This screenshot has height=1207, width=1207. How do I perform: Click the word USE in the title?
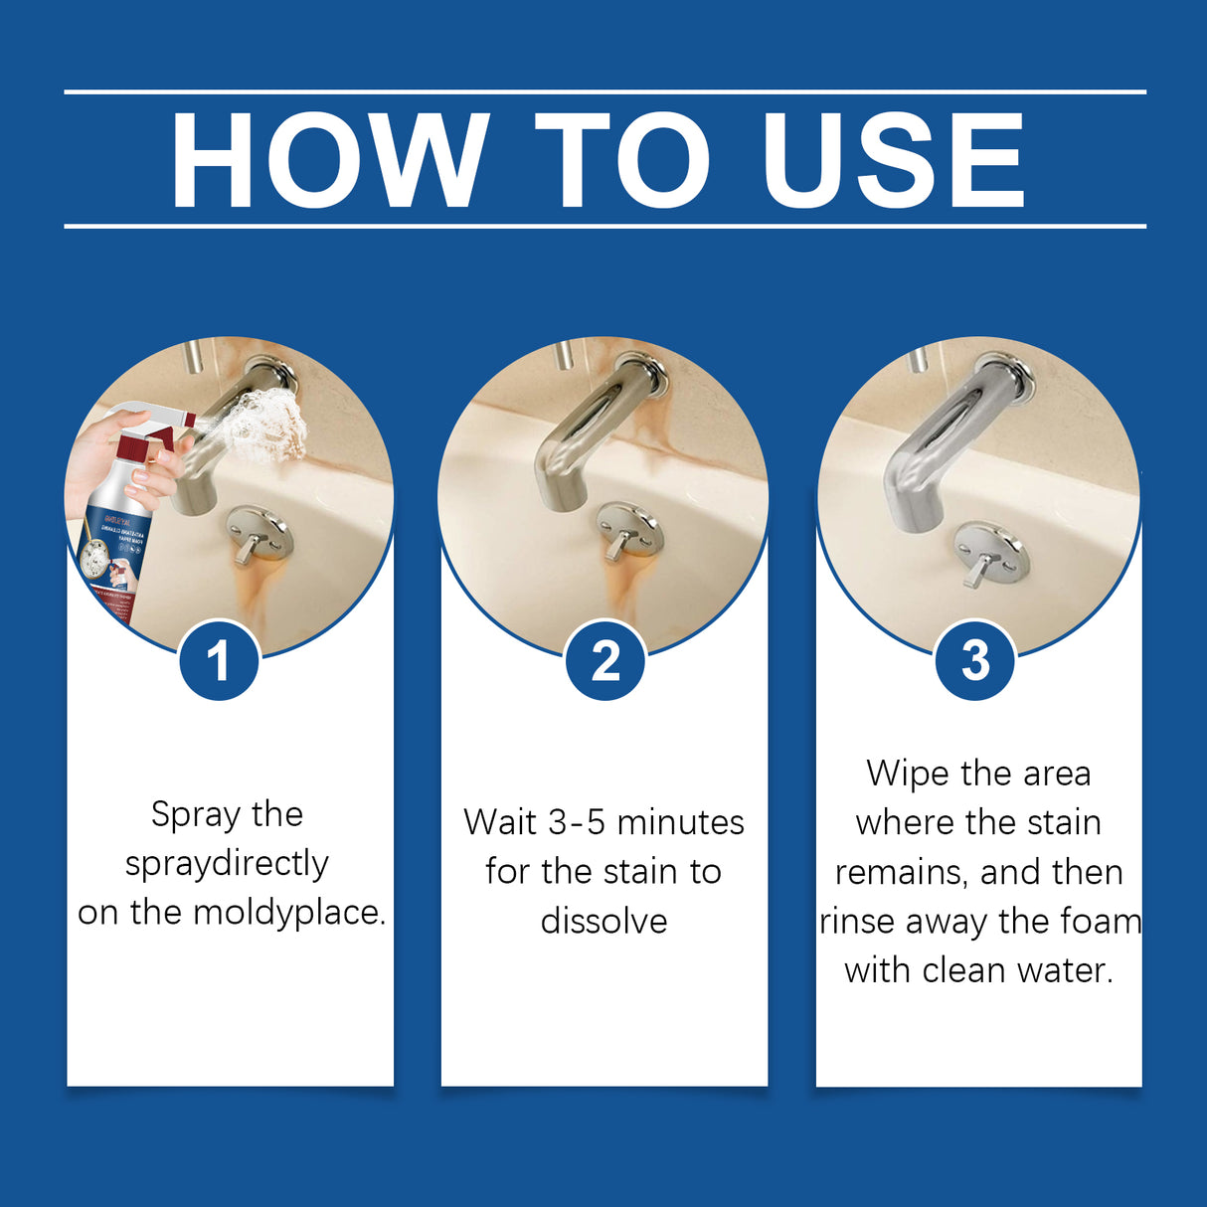point(892,161)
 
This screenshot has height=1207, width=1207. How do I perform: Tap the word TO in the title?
point(623,161)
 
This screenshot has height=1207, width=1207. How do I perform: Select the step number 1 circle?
point(219,660)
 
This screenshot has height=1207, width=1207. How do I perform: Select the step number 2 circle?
point(604,660)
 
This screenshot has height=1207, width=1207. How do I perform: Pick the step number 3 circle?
point(975,660)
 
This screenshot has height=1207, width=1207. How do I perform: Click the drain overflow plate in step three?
point(991,553)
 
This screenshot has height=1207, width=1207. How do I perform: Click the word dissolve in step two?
point(603,922)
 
